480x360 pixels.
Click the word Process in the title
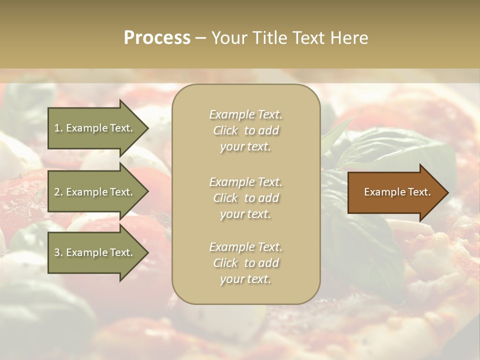(157, 38)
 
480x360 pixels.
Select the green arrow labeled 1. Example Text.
(95, 128)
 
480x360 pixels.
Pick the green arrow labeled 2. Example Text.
(95, 192)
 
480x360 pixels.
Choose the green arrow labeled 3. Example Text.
(95, 252)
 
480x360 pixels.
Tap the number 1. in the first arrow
(58, 128)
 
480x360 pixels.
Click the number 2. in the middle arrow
(58, 192)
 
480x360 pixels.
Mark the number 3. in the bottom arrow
(58, 252)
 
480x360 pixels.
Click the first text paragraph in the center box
(245, 130)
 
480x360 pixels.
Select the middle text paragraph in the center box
(245, 198)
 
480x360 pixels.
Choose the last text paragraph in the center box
(245, 263)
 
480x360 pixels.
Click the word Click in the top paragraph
(225, 130)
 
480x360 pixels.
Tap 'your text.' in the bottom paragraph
(245, 279)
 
